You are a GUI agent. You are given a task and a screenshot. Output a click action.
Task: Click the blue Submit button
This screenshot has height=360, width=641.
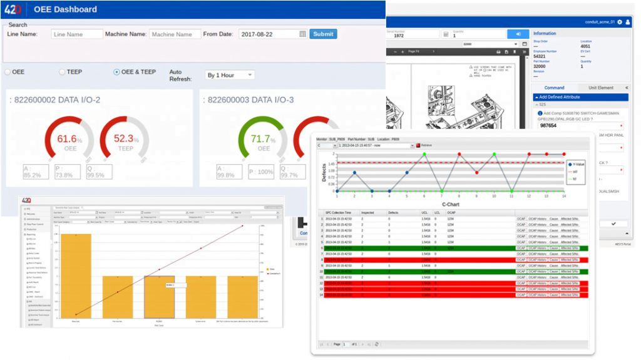pos(323,34)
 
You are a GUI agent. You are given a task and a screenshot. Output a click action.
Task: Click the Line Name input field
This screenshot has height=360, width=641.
pos(77,34)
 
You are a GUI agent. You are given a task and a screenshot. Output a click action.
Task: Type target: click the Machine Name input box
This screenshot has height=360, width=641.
pos(175,34)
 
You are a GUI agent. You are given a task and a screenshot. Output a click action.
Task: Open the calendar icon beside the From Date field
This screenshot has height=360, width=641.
pos(303,34)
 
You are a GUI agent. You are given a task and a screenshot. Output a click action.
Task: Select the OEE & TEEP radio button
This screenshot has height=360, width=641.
pos(116,72)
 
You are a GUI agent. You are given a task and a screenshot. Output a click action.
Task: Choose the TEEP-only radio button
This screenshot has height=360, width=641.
pos(62,72)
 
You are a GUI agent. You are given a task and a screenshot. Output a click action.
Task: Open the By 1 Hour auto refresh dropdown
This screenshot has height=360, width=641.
pos(230,75)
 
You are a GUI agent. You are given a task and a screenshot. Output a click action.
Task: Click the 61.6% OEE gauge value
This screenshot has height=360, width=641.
pos(69,139)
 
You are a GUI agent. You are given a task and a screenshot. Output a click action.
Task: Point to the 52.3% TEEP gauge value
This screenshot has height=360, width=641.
pos(126,139)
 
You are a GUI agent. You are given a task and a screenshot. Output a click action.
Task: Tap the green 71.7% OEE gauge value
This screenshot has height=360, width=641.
pos(263,139)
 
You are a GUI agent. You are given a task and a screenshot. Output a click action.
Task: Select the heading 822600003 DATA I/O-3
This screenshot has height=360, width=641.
pos(250,100)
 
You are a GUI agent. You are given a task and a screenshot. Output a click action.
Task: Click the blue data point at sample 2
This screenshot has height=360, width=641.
pos(354,173)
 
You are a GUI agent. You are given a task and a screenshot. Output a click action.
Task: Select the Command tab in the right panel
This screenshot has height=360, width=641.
pos(554,88)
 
